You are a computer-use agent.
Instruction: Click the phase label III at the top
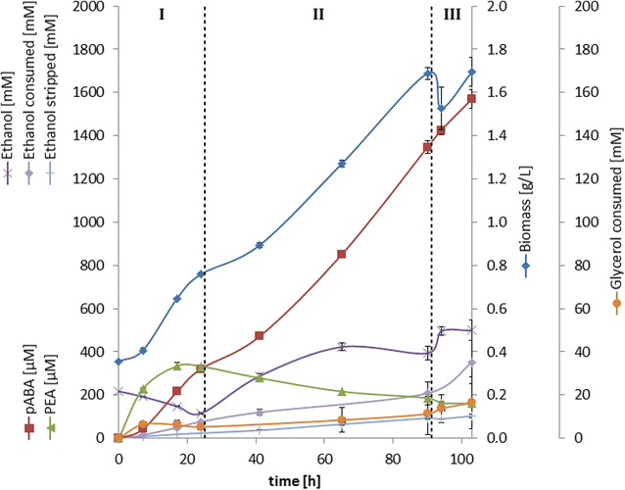[452, 15]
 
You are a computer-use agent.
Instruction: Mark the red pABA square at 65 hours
[342, 255]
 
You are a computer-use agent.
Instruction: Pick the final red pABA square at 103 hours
[471, 99]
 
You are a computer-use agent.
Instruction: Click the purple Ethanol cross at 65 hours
[342, 347]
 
